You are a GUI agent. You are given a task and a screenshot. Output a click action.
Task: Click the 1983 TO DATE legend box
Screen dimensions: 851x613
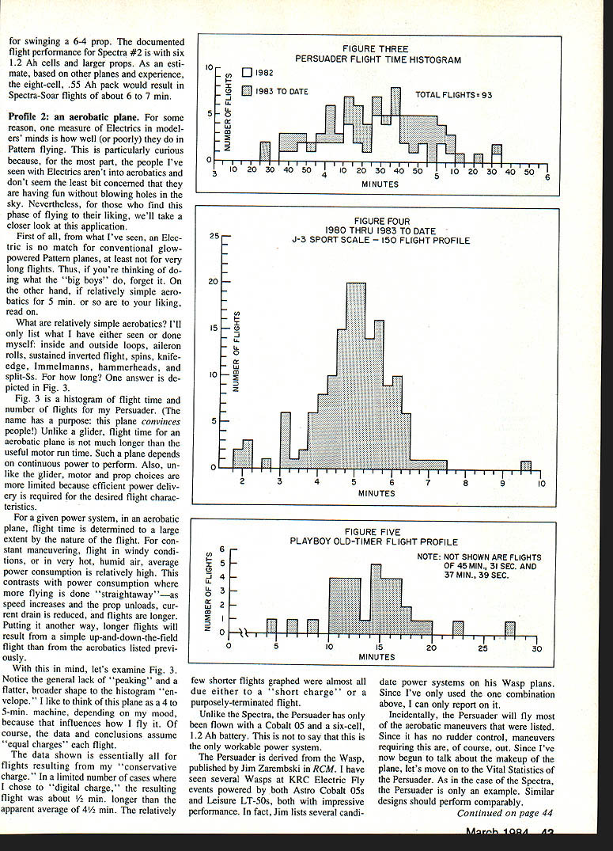(245, 91)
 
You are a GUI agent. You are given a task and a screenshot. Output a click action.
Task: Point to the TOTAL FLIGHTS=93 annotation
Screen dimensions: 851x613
(453, 95)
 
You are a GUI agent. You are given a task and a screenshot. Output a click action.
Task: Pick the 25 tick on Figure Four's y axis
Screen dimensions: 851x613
(214, 237)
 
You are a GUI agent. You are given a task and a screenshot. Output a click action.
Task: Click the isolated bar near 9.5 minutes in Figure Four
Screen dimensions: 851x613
(525, 465)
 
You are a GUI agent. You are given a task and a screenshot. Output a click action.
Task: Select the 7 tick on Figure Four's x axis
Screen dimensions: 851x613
(428, 482)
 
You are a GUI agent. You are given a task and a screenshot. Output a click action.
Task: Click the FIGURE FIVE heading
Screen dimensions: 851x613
(373, 532)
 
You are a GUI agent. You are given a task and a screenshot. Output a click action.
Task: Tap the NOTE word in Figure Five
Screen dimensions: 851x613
(430, 557)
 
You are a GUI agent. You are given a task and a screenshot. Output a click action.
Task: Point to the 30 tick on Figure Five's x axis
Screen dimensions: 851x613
(536, 648)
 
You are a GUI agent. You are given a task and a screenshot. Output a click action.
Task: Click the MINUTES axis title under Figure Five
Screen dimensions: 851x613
(377, 656)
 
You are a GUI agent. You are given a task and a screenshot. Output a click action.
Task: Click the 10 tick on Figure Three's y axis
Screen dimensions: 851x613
(208, 68)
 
